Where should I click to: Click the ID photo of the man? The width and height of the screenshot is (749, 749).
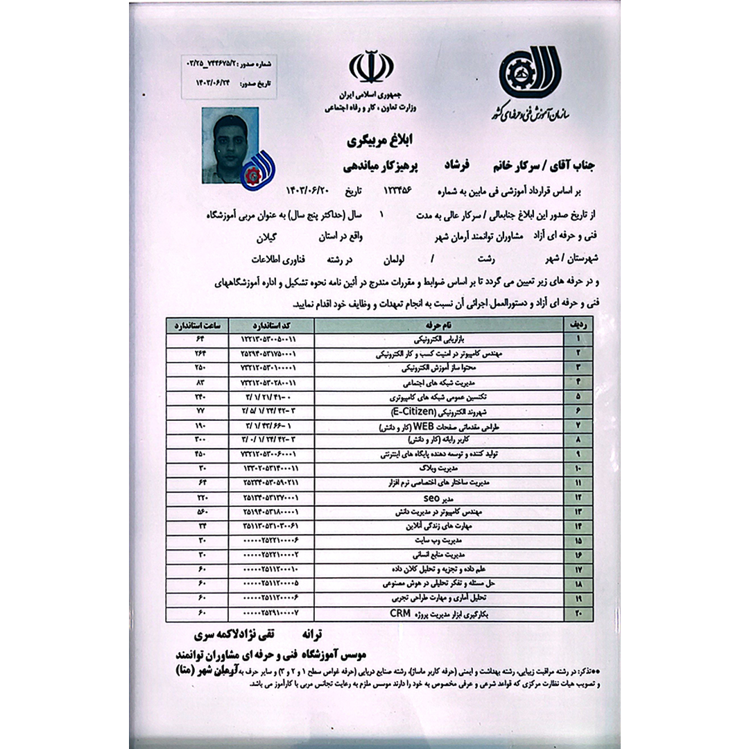pos(230,144)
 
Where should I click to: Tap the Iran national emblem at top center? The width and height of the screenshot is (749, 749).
pos(371,67)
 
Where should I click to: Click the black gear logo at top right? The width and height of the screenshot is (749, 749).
pos(528,72)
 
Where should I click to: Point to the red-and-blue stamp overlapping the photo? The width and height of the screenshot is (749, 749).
pos(258,170)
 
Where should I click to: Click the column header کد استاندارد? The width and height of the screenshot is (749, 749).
pos(271,325)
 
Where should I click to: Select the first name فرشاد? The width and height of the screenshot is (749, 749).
pos(458,167)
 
